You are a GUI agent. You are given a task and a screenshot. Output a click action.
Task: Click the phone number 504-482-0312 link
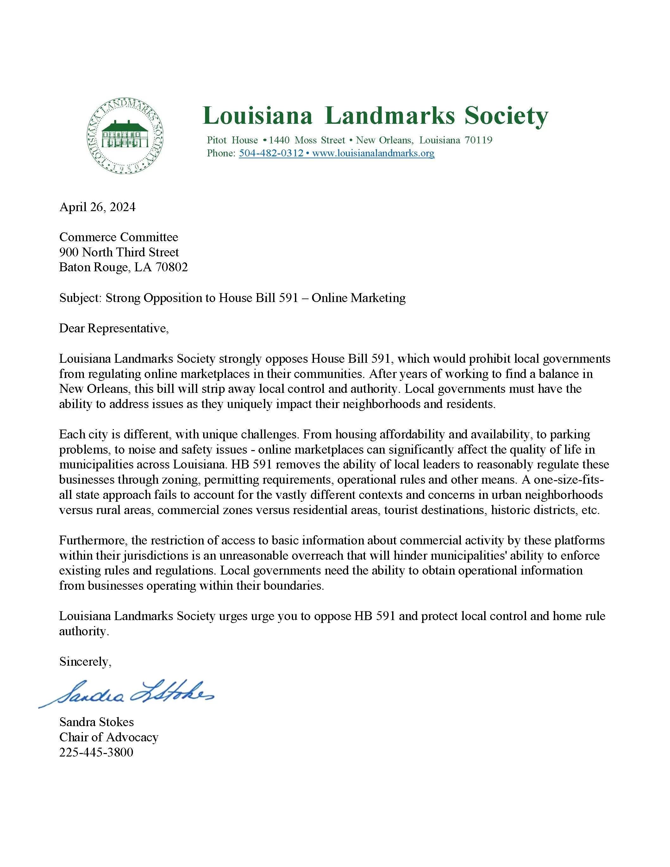[271, 153]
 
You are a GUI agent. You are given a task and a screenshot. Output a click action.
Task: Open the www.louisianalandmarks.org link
[373, 153]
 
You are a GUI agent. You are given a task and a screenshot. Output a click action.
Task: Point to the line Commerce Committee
[119, 237]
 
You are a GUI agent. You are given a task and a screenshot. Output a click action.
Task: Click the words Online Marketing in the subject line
[358, 298]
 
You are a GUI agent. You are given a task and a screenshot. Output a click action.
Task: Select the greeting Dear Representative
[114, 328]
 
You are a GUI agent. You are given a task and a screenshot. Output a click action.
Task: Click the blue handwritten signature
[127, 693]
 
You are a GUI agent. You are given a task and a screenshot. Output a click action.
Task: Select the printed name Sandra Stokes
[97, 722]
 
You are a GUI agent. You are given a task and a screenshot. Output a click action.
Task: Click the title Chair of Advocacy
[109, 737]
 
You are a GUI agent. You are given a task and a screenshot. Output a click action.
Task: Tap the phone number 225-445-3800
[96, 752]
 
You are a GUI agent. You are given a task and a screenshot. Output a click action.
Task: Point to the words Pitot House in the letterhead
[232, 140]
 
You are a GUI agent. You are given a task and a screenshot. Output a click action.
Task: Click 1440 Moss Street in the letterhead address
[307, 140]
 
